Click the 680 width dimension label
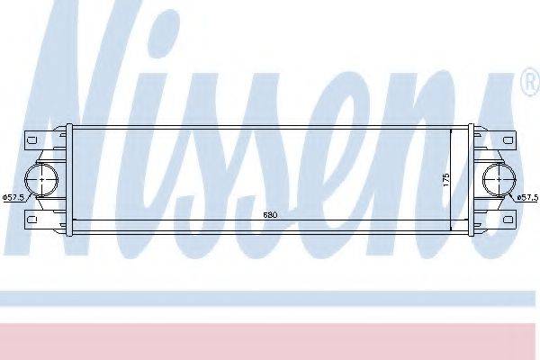point(270,215)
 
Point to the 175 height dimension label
point(446,180)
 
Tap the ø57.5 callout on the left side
point(13,197)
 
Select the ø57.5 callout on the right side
point(527,197)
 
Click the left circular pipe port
point(42,180)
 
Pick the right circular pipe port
point(499,180)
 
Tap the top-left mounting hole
point(31,140)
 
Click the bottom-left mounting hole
point(31,220)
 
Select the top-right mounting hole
point(508,140)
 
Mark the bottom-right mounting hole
point(508,220)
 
